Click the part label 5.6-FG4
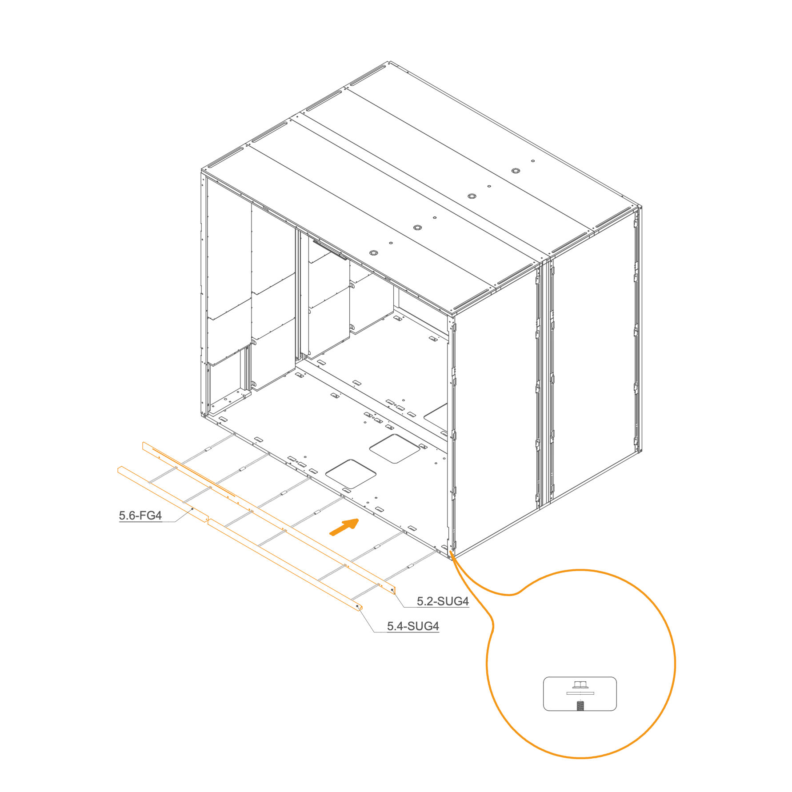click(140, 516)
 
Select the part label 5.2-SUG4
click(443, 601)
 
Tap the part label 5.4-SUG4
click(413, 626)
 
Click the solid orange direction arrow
click(344, 527)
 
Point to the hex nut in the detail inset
click(580, 684)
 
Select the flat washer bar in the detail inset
click(580, 693)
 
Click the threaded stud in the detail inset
click(580, 705)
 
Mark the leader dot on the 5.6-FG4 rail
click(192, 509)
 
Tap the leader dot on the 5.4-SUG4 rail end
click(358, 606)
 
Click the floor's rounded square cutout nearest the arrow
click(351, 474)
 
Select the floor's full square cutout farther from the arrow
click(395, 448)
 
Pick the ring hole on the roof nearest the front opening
click(373, 253)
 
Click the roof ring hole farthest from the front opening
click(516, 171)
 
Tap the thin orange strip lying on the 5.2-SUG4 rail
click(194, 472)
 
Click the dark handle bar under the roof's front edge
click(329, 249)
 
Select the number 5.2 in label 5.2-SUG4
click(424, 601)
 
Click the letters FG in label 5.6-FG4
click(148, 516)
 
